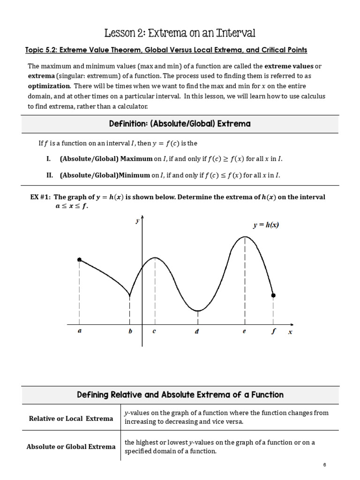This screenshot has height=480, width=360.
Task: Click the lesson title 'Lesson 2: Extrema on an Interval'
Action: [180, 33]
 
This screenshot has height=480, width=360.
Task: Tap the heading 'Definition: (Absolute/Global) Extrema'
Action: [180, 124]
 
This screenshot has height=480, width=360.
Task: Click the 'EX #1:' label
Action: [41, 197]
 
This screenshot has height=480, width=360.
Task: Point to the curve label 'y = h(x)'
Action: [266, 225]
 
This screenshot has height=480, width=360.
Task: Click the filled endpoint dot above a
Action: [79, 260]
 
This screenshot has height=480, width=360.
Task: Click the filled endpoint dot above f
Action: [274, 295]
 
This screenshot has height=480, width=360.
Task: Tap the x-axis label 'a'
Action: [79, 331]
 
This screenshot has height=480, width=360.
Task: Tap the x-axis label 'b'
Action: [130, 331]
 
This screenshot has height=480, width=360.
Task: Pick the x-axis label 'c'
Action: [154, 331]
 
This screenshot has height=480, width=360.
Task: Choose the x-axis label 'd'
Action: [197, 331]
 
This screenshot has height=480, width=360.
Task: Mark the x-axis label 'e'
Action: [244, 331]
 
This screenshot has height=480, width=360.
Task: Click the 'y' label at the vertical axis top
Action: [137, 221]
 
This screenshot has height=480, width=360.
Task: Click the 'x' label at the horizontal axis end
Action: [290, 332]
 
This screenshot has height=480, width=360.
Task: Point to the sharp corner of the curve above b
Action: [130, 296]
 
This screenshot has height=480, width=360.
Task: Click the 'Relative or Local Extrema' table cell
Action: [71, 418]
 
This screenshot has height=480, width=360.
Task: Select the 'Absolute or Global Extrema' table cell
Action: [71, 446]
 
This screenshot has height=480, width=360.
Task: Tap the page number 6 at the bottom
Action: [324, 465]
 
